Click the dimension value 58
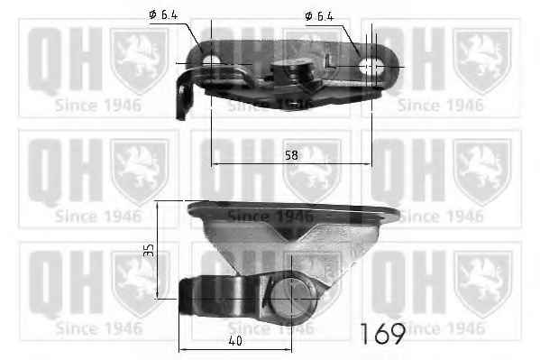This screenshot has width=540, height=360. tap(290, 155)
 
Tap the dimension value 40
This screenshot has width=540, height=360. tap(234, 341)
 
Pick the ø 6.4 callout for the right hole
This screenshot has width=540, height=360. tap(322, 15)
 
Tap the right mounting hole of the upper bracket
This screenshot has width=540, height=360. tap(371, 66)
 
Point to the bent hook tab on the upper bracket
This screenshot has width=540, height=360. tap(186, 95)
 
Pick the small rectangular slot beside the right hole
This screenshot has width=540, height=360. tap(333, 66)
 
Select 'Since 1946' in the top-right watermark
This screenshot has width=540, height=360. tap(443, 104)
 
